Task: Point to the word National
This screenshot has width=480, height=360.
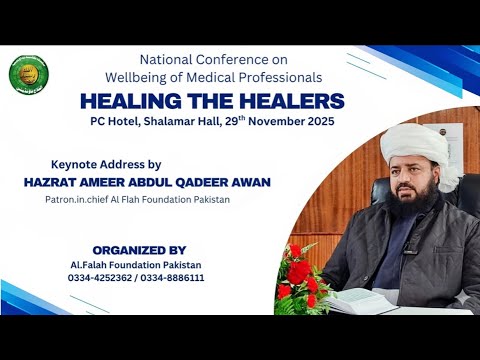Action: [169, 58]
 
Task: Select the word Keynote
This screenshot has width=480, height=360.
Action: [77, 163]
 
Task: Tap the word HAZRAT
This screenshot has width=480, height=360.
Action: [51, 181]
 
